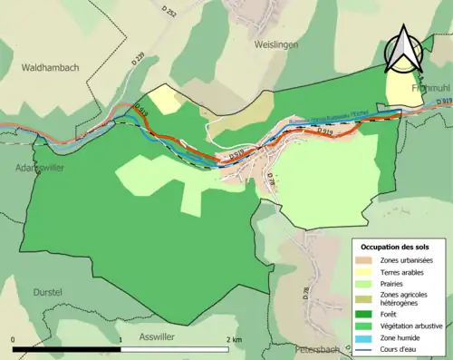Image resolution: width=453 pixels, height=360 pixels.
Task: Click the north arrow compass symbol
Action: [x=403, y=50]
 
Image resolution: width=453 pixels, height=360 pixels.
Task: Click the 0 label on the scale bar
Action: [x=14, y=338]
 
